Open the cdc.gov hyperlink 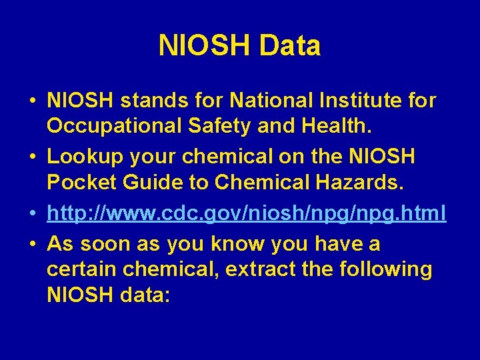(247, 213)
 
